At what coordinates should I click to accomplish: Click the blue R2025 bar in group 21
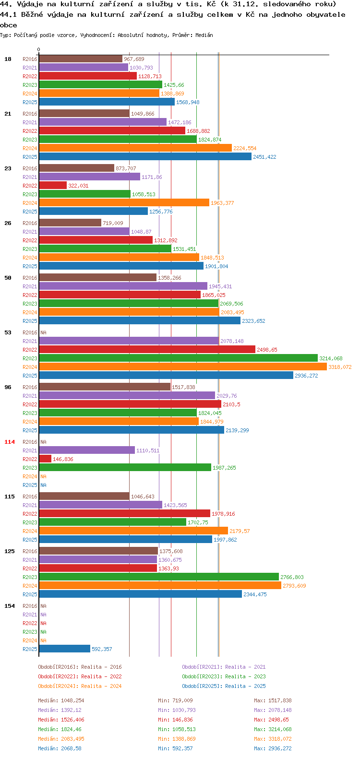[x=145, y=157]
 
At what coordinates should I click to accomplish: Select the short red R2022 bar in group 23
[x=53, y=186]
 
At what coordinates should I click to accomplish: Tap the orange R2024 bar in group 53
[x=183, y=367]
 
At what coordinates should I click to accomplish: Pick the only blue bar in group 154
[x=65, y=649]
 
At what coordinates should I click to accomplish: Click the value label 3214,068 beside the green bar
[x=331, y=358]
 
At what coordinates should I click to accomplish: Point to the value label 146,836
[x=63, y=459]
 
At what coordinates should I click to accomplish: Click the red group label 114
[x=10, y=442]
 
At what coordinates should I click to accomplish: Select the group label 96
[x=8, y=387]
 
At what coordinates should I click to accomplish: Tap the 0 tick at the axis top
[x=38, y=49]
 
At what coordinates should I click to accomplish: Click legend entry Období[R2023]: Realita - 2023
[x=224, y=676]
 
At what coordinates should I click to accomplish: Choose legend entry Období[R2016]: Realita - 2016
[x=80, y=667]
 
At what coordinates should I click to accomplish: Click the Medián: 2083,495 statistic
[x=61, y=739]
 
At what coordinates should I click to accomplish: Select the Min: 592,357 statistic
[x=175, y=748]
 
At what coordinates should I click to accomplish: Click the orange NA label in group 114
[x=43, y=476]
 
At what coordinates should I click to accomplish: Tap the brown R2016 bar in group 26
[x=70, y=223]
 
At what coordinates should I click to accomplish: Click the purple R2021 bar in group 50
[x=123, y=286]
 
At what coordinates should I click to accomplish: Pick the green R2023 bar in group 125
[x=159, y=577]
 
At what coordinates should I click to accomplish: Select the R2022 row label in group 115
[x=30, y=514]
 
